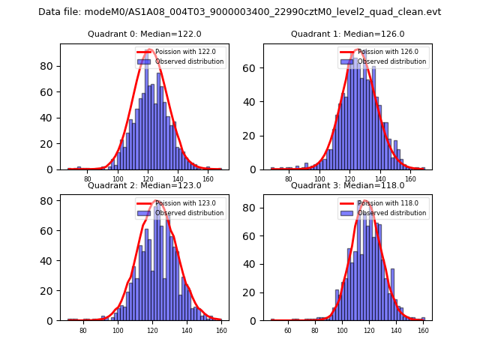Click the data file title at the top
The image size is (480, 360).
pyautogui.click(x=240, y=12)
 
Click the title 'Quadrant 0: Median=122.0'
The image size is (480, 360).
pyautogui.click(x=145, y=34)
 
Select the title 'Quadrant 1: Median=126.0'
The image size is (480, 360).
pyautogui.click(x=348, y=34)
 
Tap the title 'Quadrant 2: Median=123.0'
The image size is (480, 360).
pyautogui.click(x=145, y=185)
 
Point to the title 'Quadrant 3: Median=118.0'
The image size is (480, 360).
pyautogui.click(x=348, y=185)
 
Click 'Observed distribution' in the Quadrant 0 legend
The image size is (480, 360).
pyautogui.click(x=190, y=61)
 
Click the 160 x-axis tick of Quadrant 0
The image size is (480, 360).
pyautogui.click(x=208, y=179)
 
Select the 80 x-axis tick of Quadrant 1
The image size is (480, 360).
pyautogui.click(x=289, y=179)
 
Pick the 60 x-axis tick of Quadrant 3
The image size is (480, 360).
pyautogui.click(x=287, y=330)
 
